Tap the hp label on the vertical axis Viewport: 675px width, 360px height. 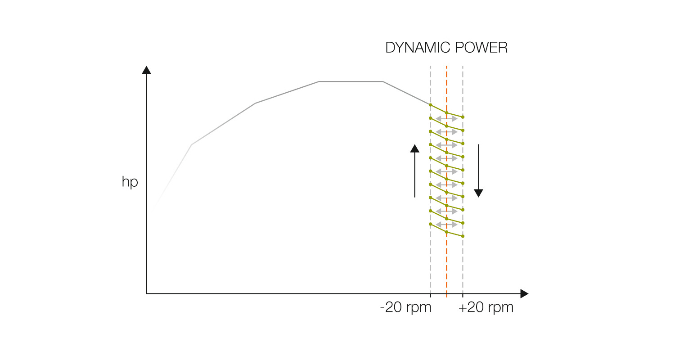pos(130,183)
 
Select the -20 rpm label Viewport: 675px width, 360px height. pos(405,308)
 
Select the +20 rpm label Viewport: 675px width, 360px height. pos(486,308)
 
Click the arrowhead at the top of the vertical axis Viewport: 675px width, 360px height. pos(146,70)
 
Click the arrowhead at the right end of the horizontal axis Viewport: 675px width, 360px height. pos(524,294)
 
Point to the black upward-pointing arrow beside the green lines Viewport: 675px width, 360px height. pos(414,171)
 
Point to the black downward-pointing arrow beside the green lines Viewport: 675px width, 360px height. pos(478,171)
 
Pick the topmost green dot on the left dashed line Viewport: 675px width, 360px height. pos(431,105)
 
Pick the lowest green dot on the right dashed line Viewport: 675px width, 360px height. pos(463,236)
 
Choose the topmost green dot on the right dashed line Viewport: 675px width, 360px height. pos(463,117)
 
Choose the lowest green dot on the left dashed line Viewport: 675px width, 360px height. pos(431,224)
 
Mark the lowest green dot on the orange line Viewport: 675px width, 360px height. pos(446,232)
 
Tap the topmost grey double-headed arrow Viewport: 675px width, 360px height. pos(446,118)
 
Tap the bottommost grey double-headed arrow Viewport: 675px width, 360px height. pos(446,224)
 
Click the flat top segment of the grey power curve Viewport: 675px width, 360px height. pos(351,81)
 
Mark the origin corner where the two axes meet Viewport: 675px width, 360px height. pos(146,294)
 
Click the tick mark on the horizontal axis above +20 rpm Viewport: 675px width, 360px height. pos(463,295)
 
